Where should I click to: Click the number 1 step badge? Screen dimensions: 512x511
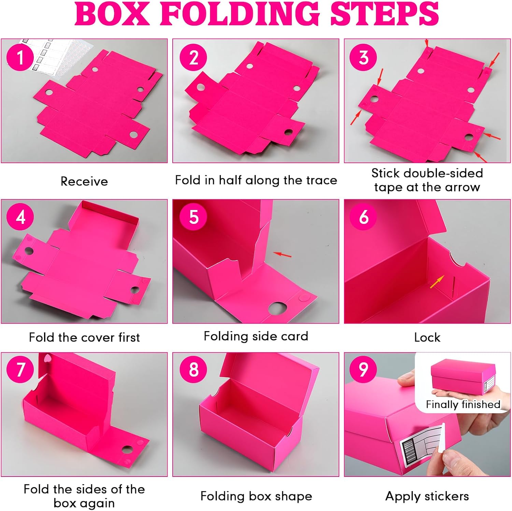[20, 57]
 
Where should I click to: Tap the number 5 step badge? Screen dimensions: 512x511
[194, 217]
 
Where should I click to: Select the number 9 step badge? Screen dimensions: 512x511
[364, 369]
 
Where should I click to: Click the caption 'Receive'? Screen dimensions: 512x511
[84, 181]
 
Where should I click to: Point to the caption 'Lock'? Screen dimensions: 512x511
[427, 337]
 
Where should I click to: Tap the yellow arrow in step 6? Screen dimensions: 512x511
[437, 282]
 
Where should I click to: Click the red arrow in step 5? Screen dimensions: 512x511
[283, 254]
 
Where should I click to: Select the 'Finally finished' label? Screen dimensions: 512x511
[463, 404]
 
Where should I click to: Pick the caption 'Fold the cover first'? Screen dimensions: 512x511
[84, 337]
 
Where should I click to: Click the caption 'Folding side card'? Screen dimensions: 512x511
[256, 336]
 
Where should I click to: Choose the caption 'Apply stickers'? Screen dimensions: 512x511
[427, 496]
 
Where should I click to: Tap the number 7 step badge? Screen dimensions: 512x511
[20, 369]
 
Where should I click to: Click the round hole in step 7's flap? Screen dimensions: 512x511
[128, 449]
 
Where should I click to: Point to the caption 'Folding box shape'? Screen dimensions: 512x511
[256, 496]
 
